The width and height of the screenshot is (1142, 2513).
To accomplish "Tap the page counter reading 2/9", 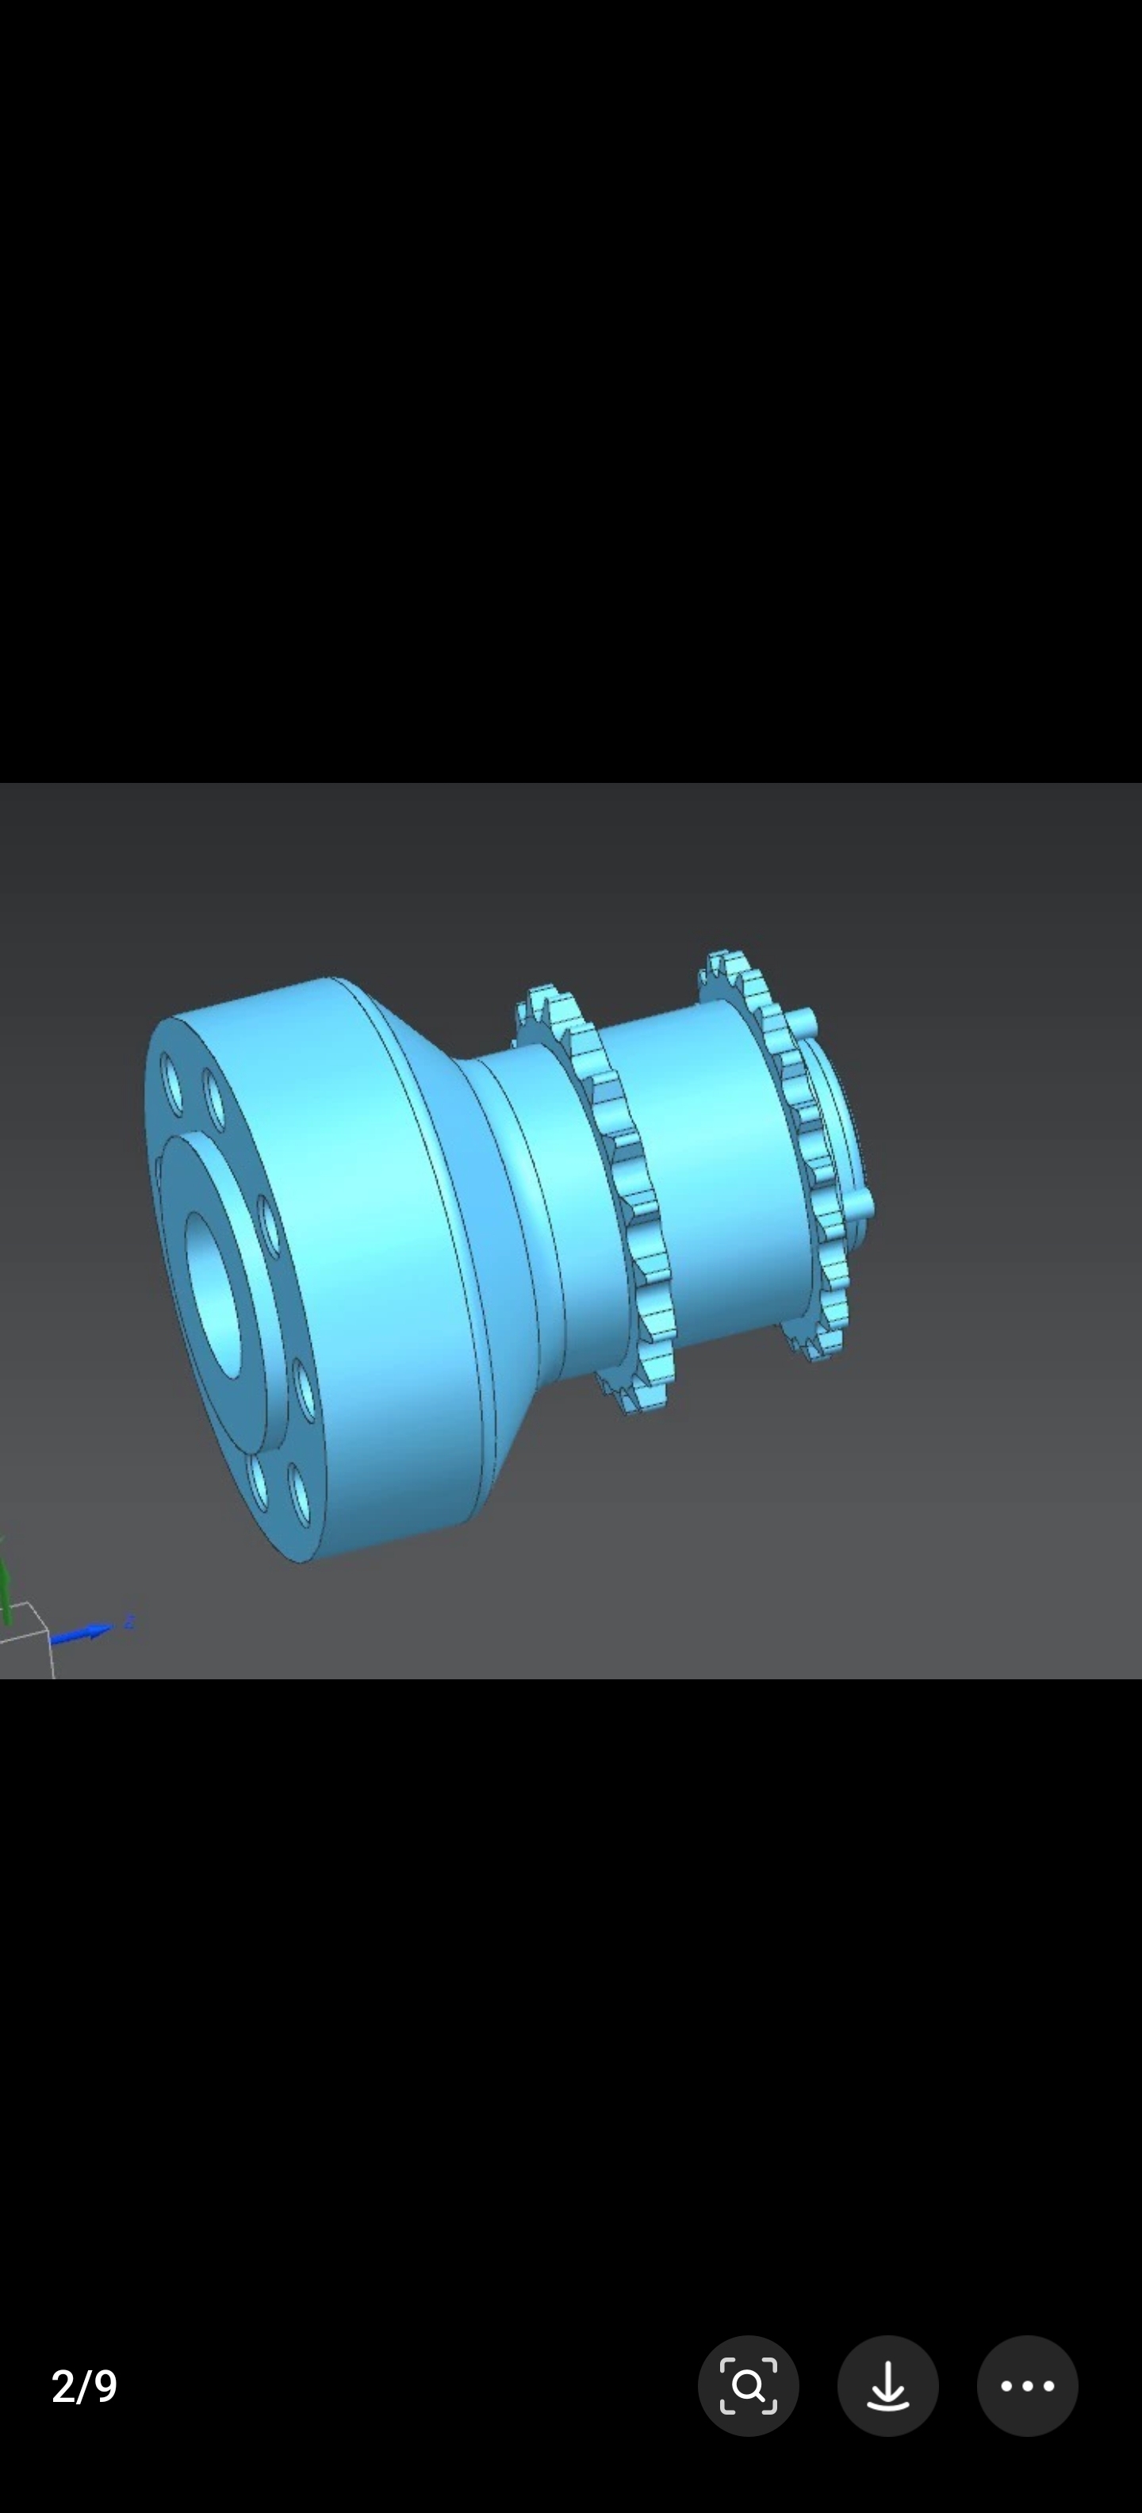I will (84, 2385).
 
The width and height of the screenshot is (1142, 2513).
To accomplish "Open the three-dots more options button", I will (1027, 2385).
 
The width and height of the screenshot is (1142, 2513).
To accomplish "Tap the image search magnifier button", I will (748, 2385).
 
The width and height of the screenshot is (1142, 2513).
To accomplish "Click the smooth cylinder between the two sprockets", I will (702, 1171).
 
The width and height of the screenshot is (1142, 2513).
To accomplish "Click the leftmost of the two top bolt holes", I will (174, 1084).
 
